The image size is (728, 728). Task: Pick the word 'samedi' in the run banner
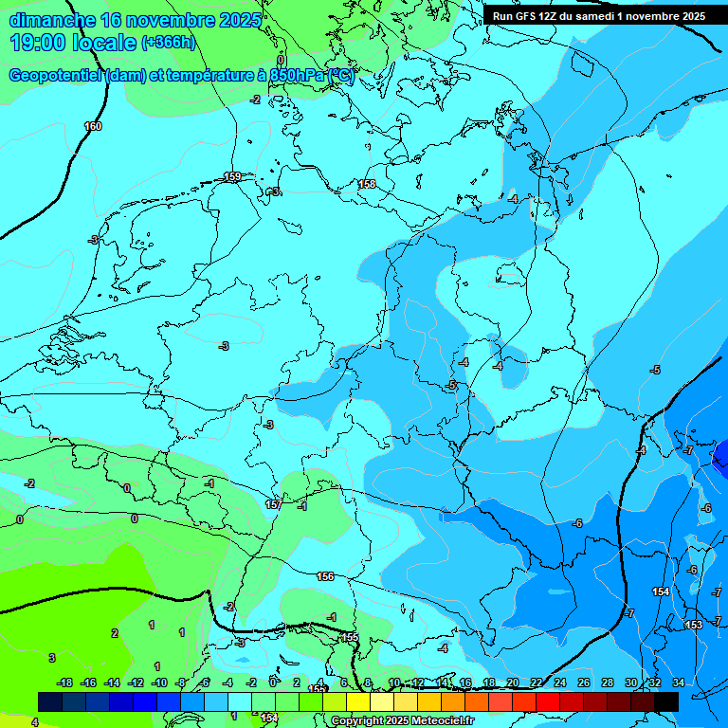pos(608,16)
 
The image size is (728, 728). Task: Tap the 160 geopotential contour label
pos(93,126)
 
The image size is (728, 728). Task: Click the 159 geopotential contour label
pos(232,177)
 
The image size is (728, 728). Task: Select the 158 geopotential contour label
pos(367,184)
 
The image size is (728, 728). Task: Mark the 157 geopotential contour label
pos(274,504)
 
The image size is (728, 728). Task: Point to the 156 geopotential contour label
pos(325,576)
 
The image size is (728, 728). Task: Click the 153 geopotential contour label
pos(694,625)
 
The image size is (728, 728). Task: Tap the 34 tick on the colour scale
pos(678,682)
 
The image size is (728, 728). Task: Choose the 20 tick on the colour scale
pos(512,682)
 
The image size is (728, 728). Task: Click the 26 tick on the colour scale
pos(583,682)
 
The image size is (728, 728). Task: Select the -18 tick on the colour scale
pos(64,682)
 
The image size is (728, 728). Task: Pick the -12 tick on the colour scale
pos(136,682)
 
